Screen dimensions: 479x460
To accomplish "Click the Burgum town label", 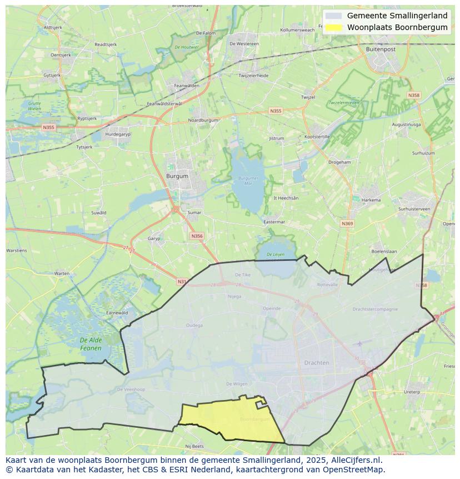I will click(177, 176).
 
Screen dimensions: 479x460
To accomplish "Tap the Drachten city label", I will click(317, 363).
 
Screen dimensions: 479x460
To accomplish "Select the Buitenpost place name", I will click(381, 49).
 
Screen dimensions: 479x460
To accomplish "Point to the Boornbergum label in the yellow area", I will click(256, 419).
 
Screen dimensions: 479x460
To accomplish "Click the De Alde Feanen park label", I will click(91, 344).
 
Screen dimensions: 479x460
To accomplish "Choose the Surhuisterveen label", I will click(414, 209).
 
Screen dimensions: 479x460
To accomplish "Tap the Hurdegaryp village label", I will click(118, 134).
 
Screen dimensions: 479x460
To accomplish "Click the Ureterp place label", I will click(412, 392).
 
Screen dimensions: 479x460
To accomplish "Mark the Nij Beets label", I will click(195, 446).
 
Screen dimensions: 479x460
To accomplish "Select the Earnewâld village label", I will click(117, 313).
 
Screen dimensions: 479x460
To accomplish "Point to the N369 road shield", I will click(347, 224).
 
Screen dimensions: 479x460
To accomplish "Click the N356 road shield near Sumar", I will click(197, 236).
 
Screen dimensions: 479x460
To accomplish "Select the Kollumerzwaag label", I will click(297, 30).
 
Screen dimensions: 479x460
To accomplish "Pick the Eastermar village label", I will click(274, 221).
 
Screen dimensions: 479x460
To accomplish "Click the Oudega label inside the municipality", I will click(194, 325).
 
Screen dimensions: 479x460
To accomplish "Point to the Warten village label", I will click(62, 273).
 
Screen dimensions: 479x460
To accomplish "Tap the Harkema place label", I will click(371, 200).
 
